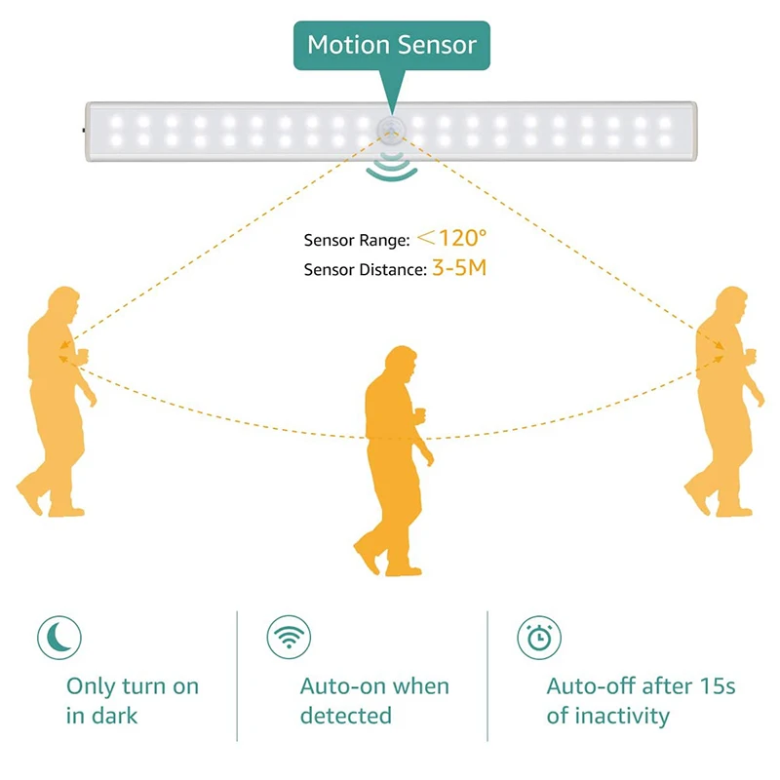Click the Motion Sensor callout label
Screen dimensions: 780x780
392,45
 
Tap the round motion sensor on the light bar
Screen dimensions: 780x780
392,131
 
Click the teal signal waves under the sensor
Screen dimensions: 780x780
392,167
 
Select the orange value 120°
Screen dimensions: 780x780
451,238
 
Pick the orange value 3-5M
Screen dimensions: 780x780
459,268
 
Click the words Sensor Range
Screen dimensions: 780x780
357,240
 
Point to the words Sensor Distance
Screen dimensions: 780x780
365,270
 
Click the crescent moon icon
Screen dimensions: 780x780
59,637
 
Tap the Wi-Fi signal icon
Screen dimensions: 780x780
289,637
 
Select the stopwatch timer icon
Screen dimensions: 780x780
539,638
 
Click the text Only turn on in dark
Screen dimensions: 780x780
133,701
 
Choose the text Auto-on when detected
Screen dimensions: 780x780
374,701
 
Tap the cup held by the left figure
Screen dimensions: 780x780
83,354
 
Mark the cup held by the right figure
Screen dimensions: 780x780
751,354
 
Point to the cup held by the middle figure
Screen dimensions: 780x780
420,413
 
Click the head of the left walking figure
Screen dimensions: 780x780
63,303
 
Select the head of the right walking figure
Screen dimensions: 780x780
732,303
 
